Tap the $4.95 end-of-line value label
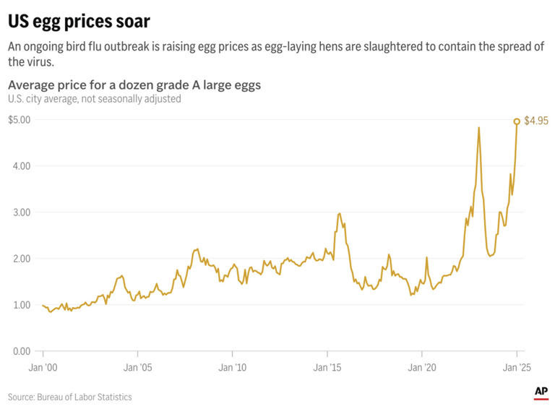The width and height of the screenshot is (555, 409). (x=535, y=121)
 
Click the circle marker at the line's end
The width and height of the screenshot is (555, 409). (x=517, y=121)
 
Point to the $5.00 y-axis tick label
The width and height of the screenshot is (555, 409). (x=19, y=120)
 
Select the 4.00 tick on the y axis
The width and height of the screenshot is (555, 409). (x=22, y=166)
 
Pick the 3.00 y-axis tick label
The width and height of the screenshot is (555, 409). (x=22, y=212)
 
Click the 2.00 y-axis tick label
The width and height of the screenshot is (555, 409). (x=22, y=259)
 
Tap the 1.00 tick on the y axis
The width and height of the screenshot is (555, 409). (x=22, y=305)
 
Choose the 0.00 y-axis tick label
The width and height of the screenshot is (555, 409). (x=22, y=351)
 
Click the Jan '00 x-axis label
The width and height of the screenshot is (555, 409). (x=43, y=368)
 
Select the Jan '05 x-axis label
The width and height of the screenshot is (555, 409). (x=137, y=368)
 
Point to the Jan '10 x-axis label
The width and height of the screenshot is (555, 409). (x=232, y=368)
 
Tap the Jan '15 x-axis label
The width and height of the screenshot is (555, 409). (x=327, y=368)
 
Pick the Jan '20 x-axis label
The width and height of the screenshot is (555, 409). (x=421, y=368)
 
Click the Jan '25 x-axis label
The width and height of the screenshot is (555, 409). (x=516, y=368)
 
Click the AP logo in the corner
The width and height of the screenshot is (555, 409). (x=541, y=392)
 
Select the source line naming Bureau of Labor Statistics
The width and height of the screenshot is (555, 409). (x=70, y=397)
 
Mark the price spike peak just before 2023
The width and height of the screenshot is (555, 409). (x=479, y=128)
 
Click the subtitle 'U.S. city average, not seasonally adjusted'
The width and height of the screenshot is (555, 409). (x=95, y=98)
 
